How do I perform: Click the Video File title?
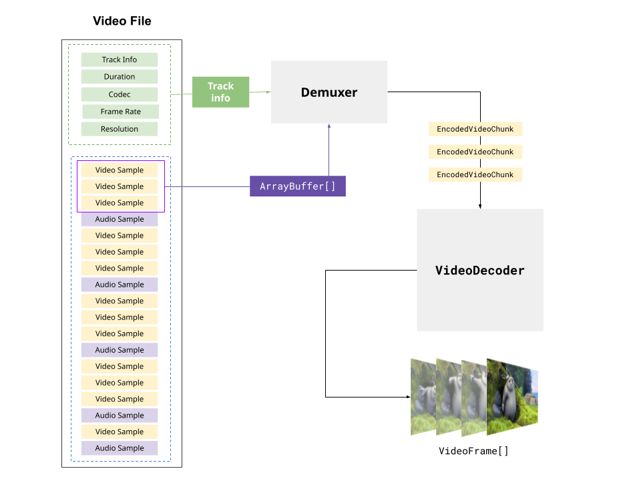(x=122, y=21)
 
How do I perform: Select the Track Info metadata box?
(x=120, y=59)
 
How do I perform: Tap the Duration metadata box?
(x=120, y=77)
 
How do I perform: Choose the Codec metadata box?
(x=120, y=94)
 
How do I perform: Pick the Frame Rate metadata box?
(x=121, y=112)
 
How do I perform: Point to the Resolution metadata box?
(x=120, y=129)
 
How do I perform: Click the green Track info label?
(x=220, y=92)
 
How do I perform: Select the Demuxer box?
(x=329, y=92)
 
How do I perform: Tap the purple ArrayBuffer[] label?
(x=298, y=186)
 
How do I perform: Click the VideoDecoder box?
(x=479, y=270)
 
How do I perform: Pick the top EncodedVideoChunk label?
(x=475, y=129)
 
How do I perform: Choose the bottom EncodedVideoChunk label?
(x=475, y=174)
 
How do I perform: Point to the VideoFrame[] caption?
(x=473, y=451)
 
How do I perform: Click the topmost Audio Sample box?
(x=120, y=219)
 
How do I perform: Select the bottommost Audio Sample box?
(x=120, y=448)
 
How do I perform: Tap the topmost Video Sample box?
(x=120, y=170)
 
